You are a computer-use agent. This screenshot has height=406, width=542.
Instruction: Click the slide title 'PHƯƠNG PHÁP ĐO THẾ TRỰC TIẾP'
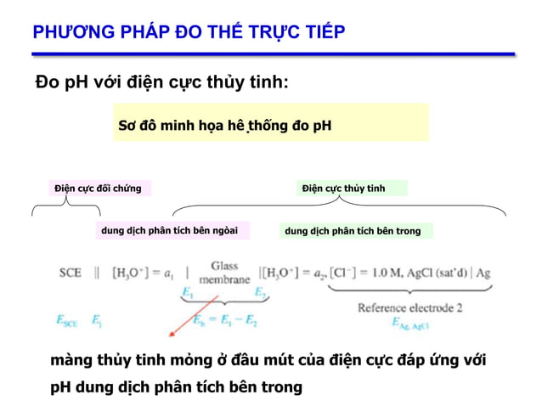[x=188, y=32]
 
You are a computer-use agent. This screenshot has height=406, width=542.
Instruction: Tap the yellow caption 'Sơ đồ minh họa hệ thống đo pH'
[x=224, y=126]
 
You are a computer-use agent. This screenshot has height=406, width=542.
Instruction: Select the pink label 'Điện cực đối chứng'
[x=98, y=188]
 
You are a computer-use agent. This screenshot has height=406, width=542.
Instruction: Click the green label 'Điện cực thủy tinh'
[x=343, y=188]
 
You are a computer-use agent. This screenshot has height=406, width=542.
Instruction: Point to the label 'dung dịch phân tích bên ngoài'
[x=169, y=229]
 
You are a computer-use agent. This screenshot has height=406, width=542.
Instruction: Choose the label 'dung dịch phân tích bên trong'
[x=353, y=230]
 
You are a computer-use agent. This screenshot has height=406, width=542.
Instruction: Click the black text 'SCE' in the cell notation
[x=71, y=273]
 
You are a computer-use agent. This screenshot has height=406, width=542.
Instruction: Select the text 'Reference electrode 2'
[x=409, y=307]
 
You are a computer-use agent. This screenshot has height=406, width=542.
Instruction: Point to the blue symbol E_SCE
[x=67, y=321]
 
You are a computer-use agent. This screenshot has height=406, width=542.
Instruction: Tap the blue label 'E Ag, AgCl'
[x=409, y=323]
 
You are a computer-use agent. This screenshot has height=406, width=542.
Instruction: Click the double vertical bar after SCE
[x=97, y=273]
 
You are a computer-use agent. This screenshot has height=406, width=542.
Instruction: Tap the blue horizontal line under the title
[x=272, y=54]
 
